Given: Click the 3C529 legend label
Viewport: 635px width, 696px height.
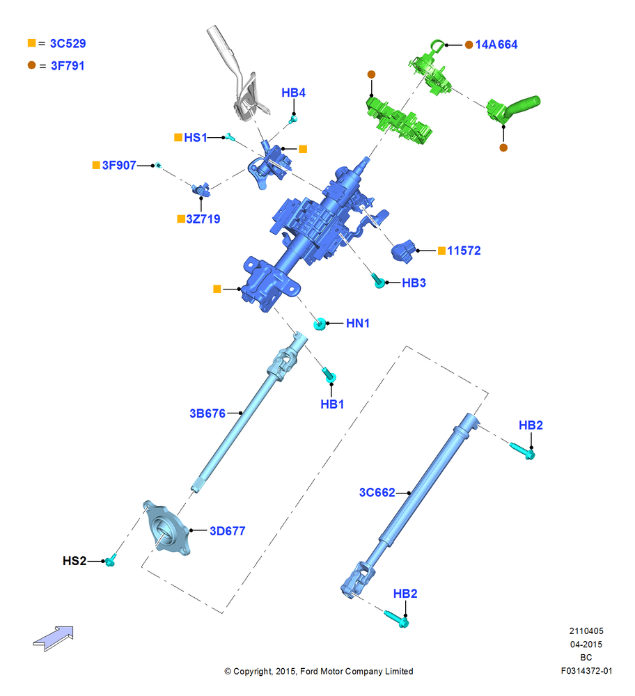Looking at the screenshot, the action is [68, 43].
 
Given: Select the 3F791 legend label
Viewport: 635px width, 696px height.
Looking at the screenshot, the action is [68, 65].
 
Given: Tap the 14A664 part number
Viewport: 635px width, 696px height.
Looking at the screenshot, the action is [496, 45].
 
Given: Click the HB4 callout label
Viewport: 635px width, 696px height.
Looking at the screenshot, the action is [294, 93].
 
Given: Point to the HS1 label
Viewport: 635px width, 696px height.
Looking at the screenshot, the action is [196, 138].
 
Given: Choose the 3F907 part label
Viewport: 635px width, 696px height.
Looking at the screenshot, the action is [119, 165].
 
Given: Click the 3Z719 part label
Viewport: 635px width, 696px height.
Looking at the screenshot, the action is [203, 219].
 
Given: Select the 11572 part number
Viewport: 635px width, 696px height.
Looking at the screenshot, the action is [464, 251].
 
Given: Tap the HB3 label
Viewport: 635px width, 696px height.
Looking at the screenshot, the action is [414, 283].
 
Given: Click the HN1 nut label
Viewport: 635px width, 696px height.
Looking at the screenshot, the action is [358, 323].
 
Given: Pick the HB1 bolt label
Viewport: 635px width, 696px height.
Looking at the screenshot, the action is [332, 404].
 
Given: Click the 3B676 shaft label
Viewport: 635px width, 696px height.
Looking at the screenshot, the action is [207, 413].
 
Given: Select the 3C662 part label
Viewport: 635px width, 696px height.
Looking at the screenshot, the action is [377, 492].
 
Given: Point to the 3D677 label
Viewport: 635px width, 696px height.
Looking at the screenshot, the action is [228, 531].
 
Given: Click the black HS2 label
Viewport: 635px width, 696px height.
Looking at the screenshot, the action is [75, 561].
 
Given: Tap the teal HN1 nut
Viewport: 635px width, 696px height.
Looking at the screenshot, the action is [320, 324].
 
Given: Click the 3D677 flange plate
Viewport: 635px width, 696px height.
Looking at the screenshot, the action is [167, 528].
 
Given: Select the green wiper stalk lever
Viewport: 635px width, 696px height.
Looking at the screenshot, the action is [513, 109].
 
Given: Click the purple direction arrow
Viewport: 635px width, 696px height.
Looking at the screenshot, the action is [54, 638].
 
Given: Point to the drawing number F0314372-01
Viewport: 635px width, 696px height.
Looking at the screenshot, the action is [586, 671].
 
